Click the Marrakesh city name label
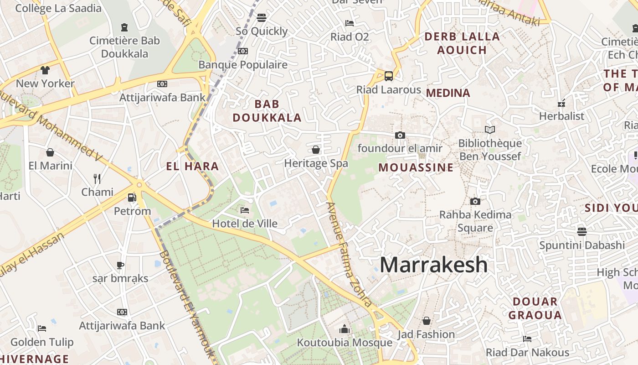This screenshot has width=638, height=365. click(433, 265)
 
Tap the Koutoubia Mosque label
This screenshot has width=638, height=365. click(345, 343)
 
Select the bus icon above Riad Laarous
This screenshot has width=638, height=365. click(389, 76)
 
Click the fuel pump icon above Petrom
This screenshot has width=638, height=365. click(132, 198)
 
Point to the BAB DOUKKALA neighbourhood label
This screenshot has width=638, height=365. click(267, 111)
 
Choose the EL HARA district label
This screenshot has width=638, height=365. click(192, 167)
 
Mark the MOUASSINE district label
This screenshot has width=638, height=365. click(416, 167)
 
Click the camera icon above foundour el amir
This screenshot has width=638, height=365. click(400, 135)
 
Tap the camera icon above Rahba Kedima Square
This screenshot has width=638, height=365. click(475, 201)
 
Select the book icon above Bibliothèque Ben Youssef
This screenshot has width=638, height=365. click(490, 130)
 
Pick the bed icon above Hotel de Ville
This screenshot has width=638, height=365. click(245, 210)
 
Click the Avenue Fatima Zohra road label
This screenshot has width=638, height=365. click(349, 254)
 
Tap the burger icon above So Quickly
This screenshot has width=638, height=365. click(262, 18)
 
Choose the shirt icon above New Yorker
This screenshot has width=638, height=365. click(45, 70)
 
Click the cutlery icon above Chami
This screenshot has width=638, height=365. click(97, 178)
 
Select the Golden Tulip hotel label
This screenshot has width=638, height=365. click(42, 342)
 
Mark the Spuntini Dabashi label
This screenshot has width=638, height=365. click(582, 245)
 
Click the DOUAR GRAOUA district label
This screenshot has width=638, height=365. click(535, 308)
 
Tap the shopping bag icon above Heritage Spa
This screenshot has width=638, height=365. click(316, 150)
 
